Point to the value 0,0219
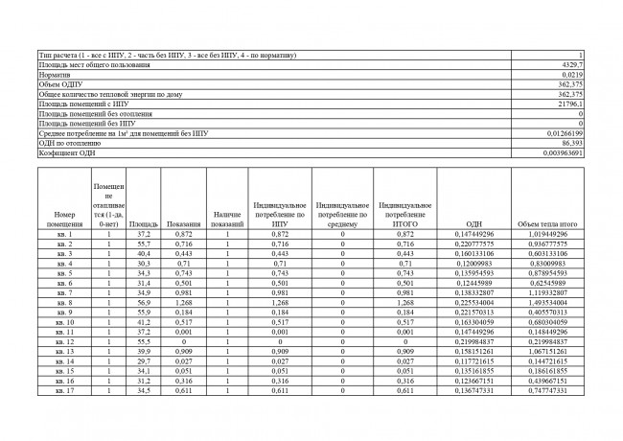[572, 74]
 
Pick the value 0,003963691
[563, 152]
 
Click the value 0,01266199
[565, 133]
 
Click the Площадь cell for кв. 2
[143, 244]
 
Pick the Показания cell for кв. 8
[183, 302]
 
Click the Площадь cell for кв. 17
[143, 390]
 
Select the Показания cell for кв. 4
[183, 263]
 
